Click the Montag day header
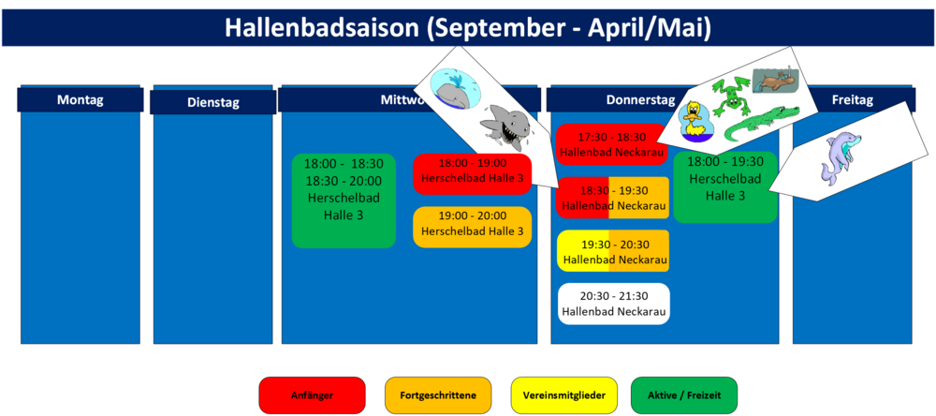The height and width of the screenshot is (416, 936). coord(80,99)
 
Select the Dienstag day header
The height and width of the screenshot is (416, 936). coord(213,102)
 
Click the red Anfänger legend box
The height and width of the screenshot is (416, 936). coord(312,395)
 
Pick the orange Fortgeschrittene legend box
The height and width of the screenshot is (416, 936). coord(438,395)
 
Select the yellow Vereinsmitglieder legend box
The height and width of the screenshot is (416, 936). coord(564,395)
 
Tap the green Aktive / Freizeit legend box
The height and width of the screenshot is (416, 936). coord(684,395)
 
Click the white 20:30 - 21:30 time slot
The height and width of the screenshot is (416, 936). coord(614,304)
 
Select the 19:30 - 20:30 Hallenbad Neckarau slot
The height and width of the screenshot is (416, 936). coord(614,251)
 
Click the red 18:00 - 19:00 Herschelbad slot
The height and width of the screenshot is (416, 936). coord(472,174)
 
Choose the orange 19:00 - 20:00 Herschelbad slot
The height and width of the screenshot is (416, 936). coord(472,227)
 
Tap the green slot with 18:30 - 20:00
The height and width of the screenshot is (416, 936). coord(344,201)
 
